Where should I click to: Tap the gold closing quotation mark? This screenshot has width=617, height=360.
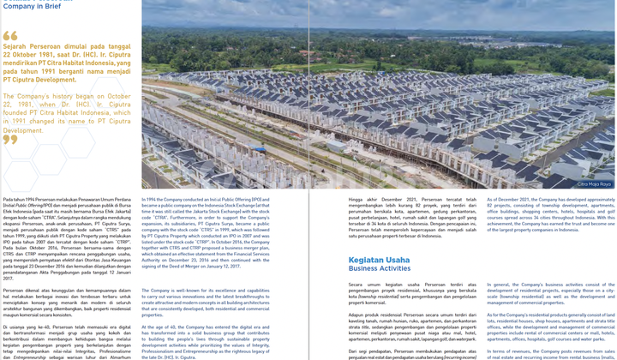click(x=10, y=140)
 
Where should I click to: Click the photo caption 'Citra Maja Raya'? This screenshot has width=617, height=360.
click(x=594, y=183)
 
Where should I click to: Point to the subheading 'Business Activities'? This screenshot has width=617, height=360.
click(x=380, y=268)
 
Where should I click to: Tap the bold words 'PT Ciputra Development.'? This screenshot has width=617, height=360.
click(x=40, y=79)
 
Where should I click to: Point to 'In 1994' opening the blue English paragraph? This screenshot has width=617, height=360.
click(x=153, y=199)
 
